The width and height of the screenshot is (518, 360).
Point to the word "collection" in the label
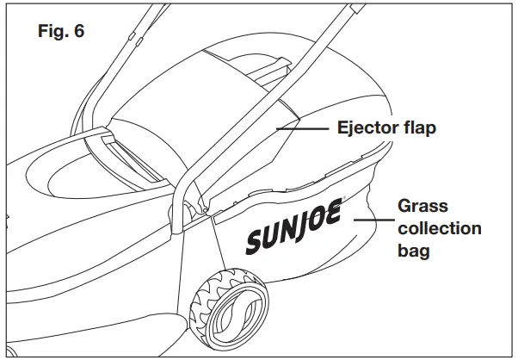click(439, 229)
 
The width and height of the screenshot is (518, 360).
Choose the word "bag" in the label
click(413, 252)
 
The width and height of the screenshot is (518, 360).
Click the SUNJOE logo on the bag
click(296, 230)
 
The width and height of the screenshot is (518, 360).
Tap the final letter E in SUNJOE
click(334, 214)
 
